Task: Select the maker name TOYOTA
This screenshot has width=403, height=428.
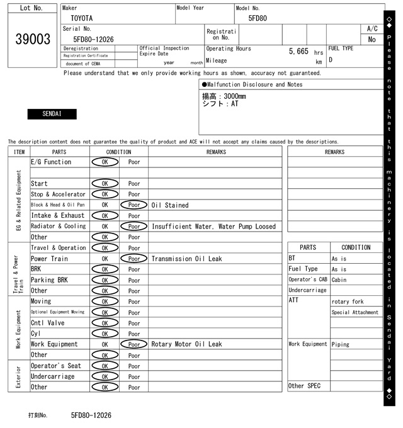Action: tap(81, 18)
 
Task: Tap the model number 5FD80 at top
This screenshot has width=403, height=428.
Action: tap(258, 18)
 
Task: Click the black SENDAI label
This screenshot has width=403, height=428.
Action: tap(52, 115)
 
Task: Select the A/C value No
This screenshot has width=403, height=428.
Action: tap(372, 39)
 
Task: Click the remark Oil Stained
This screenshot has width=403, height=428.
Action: tap(169, 205)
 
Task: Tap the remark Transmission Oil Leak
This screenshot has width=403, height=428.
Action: tap(186, 259)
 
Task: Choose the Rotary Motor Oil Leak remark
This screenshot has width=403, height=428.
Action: tap(186, 344)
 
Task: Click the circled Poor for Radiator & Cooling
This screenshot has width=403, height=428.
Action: tap(133, 227)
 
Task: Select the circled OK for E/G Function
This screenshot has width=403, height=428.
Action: tap(105, 162)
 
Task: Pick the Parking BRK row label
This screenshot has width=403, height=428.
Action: tap(49, 280)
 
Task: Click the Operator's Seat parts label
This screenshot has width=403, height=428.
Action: tap(56, 366)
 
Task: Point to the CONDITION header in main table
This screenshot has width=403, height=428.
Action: tap(118, 152)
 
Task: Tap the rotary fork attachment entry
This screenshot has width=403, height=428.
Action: tap(348, 301)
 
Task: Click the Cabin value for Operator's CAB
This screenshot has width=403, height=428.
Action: tap(340, 279)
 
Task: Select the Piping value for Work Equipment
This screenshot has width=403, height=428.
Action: tap(341, 344)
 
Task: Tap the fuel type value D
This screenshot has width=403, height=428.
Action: tap(331, 60)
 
